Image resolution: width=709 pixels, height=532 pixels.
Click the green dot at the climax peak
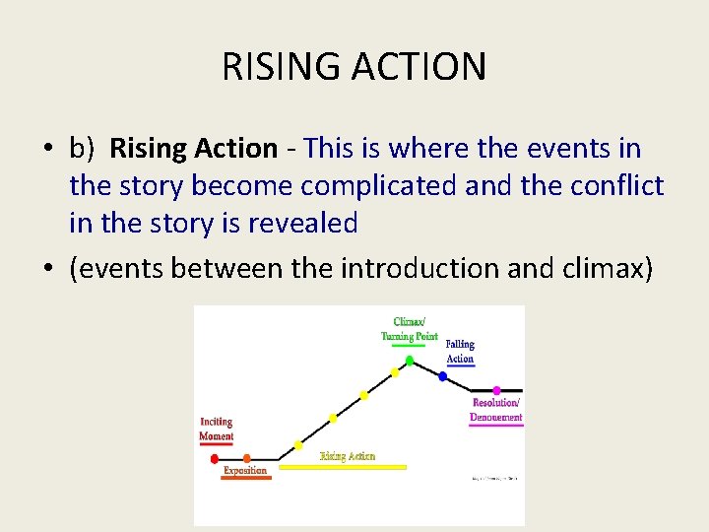(x=410, y=361)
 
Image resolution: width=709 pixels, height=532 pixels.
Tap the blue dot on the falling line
(x=442, y=376)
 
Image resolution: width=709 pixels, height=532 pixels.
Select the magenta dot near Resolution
(x=496, y=391)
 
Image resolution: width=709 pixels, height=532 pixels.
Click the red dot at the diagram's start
(x=215, y=459)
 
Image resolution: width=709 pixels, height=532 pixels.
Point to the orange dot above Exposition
(x=247, y=458)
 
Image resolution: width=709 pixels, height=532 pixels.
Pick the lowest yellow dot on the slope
(x=298, y=445)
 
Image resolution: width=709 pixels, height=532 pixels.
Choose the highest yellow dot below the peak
(x=395, y=372)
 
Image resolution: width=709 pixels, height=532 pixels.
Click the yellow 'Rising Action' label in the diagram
(x=348, y=456)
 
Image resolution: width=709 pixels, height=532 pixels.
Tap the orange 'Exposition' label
(x=245, y=471)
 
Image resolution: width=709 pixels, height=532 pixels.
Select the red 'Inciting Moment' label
(x=217, y=429)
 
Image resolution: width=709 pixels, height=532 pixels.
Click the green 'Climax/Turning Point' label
(x=409, y=329)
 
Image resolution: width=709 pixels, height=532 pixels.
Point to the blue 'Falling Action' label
(x=460, y=352)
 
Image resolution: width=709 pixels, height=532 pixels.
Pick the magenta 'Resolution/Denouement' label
(x=496, y=410)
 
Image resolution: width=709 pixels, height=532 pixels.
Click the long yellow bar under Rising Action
(x=342, y=467)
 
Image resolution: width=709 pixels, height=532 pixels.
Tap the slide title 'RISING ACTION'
(x=354, y=67)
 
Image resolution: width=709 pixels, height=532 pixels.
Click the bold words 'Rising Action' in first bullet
(x=193, y=149)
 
